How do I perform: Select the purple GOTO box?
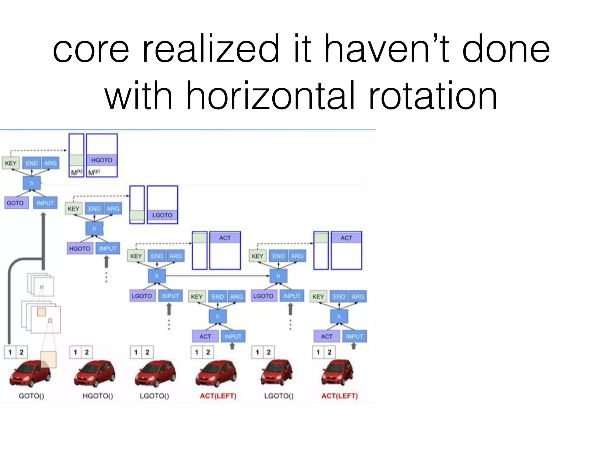click(15, 203)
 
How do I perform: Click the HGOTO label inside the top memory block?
click(102, 160)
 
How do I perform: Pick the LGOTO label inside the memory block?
click(162, 215)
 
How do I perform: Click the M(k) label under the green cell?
click(76, 172)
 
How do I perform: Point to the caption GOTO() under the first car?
click(32, 396)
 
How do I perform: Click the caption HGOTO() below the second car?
click(98, 396)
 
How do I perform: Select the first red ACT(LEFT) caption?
click(218, 396)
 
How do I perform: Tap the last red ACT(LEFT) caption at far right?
click(339, 396)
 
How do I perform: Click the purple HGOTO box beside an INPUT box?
click(79, 249)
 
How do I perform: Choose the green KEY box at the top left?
click(11, 163)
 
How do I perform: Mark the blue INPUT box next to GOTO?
click(45, 203)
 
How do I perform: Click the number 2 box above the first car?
click(21, 352)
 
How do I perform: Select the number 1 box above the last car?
click(318, 352)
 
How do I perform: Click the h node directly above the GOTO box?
click(32, 183)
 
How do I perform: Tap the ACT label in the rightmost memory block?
click(346, 238)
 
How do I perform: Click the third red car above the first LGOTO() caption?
click(155, 374)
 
